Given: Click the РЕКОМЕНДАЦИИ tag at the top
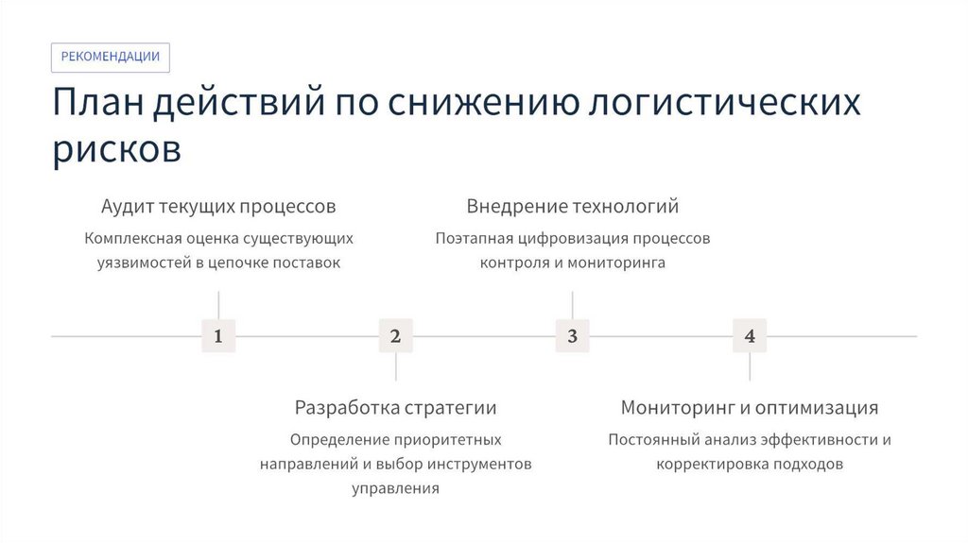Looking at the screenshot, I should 111,57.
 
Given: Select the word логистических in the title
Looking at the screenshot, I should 724,103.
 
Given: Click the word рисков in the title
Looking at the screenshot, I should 116,149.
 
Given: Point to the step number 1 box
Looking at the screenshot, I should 218,336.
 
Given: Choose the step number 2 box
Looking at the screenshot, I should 395,336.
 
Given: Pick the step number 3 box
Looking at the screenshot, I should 572,336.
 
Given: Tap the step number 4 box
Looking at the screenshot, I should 750,336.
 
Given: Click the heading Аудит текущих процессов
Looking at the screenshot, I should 218,206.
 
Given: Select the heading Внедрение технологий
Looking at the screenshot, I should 572,206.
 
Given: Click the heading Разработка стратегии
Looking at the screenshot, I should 395,408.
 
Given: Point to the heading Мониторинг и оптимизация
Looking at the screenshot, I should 750,408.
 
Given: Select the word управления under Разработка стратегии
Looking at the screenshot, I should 395,489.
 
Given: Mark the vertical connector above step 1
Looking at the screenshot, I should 218,305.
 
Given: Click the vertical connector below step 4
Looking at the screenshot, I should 750,367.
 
